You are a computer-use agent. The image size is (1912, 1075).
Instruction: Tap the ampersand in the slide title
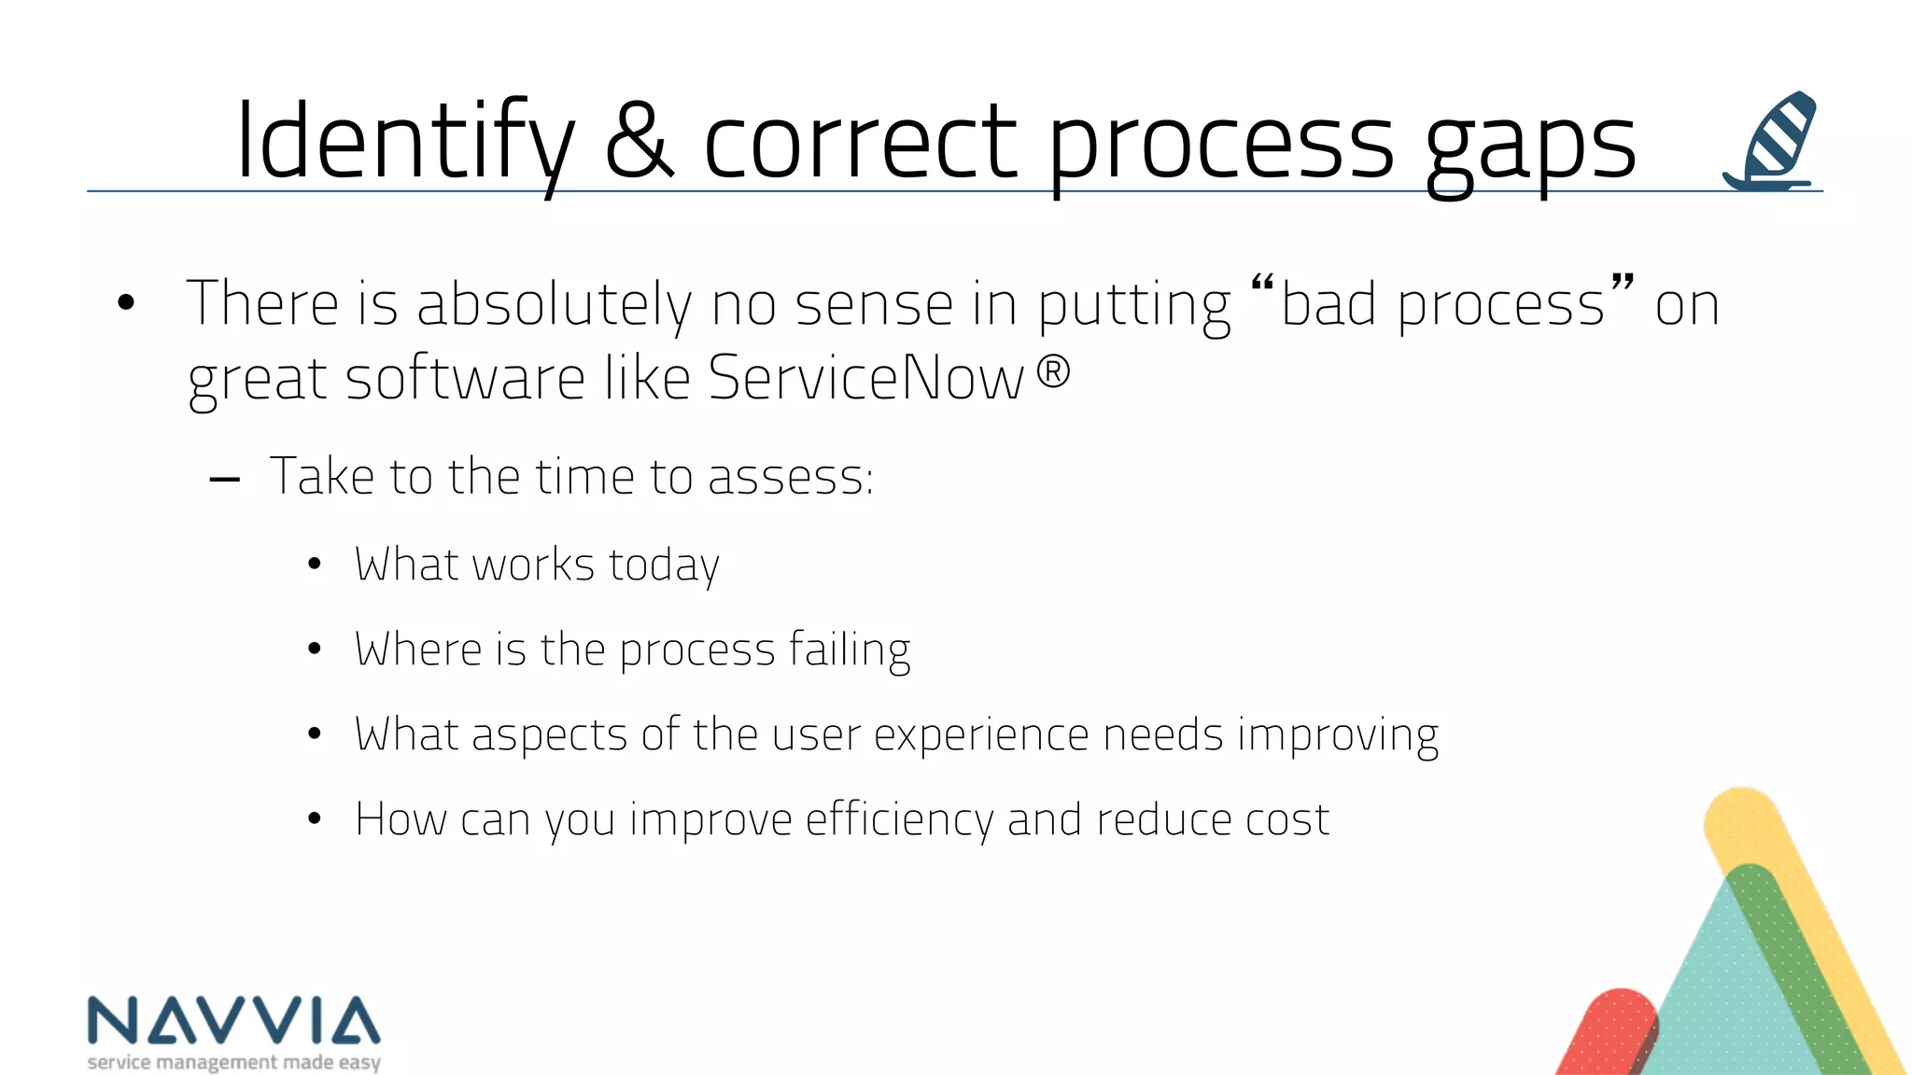640,142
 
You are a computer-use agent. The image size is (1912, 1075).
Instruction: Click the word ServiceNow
865,378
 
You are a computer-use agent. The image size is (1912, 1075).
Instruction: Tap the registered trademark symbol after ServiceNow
1053,373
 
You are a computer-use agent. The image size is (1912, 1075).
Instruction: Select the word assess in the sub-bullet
790,477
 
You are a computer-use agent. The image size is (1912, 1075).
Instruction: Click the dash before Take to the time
225,481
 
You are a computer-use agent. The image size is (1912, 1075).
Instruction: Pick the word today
664,565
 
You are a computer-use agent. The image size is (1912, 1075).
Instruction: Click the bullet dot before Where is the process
315,649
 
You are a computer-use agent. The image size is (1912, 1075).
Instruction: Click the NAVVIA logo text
233,1021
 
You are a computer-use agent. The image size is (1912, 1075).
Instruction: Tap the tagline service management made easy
233,1062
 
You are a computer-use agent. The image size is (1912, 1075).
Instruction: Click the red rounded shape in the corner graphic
1610,1030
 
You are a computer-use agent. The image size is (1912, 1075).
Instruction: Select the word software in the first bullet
465,378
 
